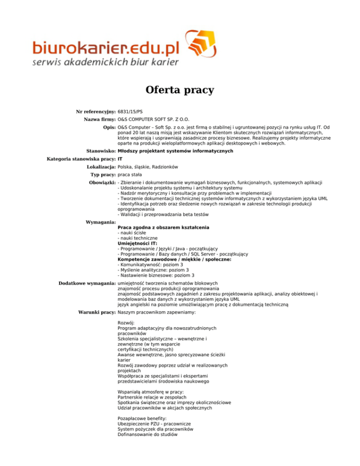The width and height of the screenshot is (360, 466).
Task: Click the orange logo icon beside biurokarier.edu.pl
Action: coord(203,45)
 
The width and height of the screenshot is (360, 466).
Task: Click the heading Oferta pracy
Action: coord(180,90)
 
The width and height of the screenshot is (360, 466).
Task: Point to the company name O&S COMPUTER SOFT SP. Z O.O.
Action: coord(154,120)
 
